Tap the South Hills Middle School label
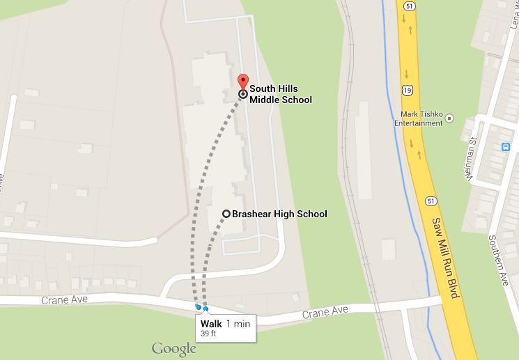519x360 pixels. tap(281, 94)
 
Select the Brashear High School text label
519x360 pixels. tap(279, 214)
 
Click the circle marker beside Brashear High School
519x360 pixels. tap(226, 214)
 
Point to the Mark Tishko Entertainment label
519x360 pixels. tap(418, 119)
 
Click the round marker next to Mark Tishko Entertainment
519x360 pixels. tap(449, 118)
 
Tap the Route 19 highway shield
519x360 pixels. tap(407, 90)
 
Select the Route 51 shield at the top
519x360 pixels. tap(409, 6)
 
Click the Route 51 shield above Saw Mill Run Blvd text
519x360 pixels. tap(432, 201)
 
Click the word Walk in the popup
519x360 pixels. tap(211, 324)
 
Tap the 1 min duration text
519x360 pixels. tap(238, 324)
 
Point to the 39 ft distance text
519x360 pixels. tap(208, 334)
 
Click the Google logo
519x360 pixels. tap(173, 348)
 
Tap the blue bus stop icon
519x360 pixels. tap(506, 147)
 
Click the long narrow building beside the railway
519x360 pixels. tap(364, 150)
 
